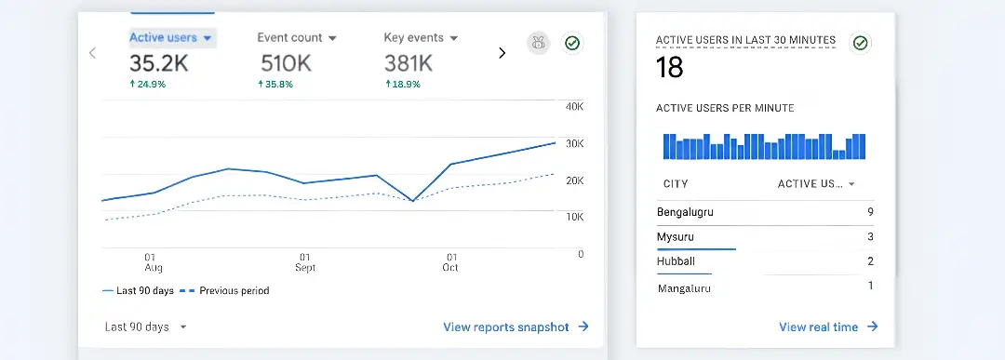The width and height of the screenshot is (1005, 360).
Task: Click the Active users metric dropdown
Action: point(171,38)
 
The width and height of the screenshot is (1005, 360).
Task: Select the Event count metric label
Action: point(296,38)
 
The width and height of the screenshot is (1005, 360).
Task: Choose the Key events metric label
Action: point(421,38)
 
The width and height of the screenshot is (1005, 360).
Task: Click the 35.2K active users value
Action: point(160,63)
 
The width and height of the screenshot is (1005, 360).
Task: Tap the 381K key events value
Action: point(409,63)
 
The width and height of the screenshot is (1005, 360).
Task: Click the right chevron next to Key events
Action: point(502,53)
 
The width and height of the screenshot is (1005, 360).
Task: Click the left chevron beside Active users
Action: point(92,53)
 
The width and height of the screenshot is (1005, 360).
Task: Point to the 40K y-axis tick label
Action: point(574,107)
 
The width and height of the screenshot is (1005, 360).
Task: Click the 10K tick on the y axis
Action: point(574,217)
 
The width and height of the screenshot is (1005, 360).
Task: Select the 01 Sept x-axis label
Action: point(304,262)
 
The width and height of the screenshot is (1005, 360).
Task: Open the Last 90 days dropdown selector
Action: point(146,327)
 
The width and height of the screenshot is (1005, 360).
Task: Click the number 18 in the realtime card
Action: point(669,68)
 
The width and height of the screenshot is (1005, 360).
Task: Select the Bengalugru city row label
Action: point(686,212)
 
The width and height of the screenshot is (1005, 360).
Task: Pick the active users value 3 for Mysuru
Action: point(870,237)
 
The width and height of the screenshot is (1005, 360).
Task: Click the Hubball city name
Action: point(676,261)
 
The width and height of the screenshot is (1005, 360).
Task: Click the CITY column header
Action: point(676,184)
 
